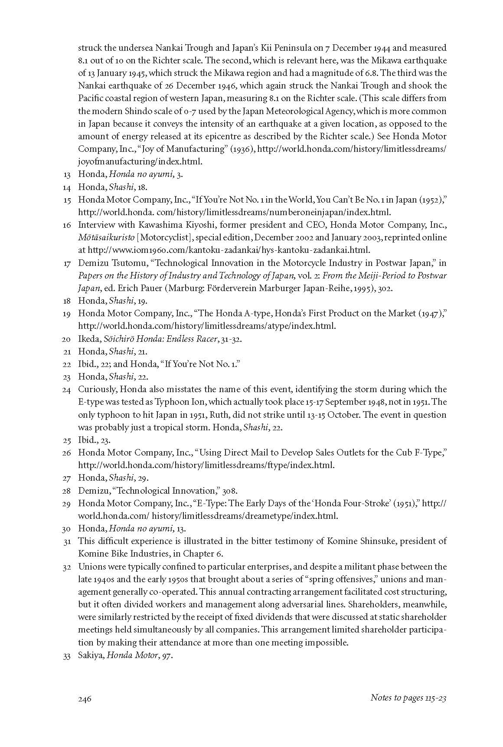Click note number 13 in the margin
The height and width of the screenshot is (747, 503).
(x=66, y=175)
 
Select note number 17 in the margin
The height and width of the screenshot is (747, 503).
(x=66, y=263)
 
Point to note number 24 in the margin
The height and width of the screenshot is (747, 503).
(x=66, y=390)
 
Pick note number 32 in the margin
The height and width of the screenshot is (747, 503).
(x=66, y=567)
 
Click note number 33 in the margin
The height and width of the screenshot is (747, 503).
(x=66, y=656)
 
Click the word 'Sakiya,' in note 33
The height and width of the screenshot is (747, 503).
(x=91, y=655)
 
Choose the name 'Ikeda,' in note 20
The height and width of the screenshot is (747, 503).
(x=89, y=339)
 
